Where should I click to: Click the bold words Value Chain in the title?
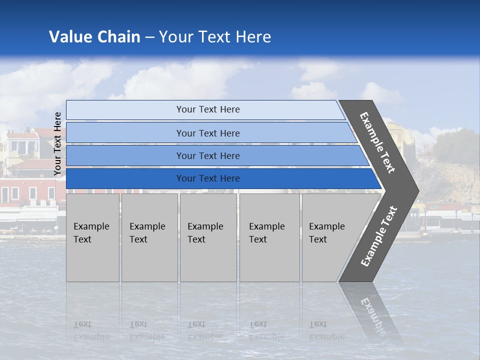pos(94,37)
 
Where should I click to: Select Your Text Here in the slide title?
pos(215,37)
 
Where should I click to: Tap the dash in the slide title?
pos(149,37)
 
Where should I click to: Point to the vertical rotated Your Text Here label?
pos(57,143)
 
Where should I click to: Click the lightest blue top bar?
pos(207,109)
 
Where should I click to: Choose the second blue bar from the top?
pos(207,133)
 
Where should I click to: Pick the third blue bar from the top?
pos(207,155)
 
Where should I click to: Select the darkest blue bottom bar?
pos(207,178)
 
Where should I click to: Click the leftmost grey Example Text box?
pos(92,237)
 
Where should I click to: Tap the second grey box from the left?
pos(149,237)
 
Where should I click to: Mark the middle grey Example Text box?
pos(208,237)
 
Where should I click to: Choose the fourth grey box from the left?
pos(269,237)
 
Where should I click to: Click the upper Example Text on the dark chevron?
pos(377,142)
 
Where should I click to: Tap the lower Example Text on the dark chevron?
pos(379,236)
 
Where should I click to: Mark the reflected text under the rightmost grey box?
pos(327,330)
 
